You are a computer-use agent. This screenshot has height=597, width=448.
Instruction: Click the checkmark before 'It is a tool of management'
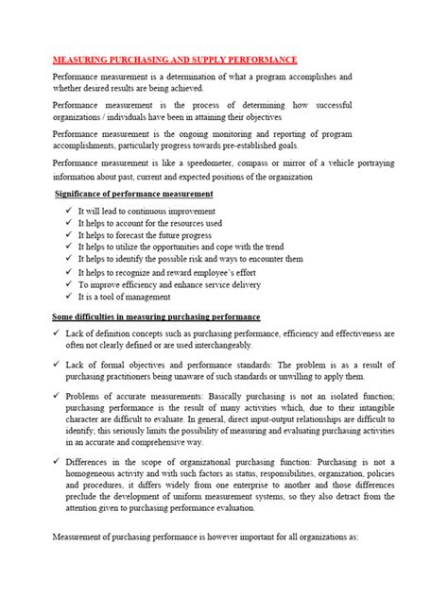(59, 296)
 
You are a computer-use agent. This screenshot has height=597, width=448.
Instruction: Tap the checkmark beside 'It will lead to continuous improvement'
(59, 210)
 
